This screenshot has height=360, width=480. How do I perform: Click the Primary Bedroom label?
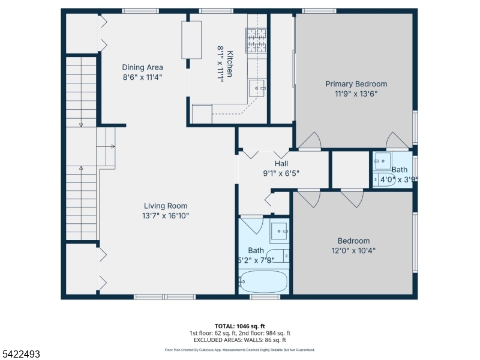point(356,84)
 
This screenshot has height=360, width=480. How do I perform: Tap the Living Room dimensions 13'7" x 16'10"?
point(166,216)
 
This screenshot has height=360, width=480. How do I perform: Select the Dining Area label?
point(142,67)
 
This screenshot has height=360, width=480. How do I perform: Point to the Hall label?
point(281,164)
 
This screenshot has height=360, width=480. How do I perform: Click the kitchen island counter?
point(193,40)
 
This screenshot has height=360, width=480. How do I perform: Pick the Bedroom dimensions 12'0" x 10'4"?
point(353,251)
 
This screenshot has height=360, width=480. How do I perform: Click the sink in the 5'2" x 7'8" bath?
point(280,231)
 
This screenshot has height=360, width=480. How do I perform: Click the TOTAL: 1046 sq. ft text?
point(239,326)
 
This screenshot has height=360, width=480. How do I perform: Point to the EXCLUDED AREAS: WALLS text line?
point(239,340)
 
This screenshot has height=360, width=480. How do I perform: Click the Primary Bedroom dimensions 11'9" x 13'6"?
point(356,94)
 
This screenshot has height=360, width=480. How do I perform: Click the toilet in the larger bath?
point(278,256)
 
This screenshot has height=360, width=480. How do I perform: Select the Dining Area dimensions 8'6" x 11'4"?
point(142,77)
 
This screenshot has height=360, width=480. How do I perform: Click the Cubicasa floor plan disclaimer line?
point(239,349)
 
